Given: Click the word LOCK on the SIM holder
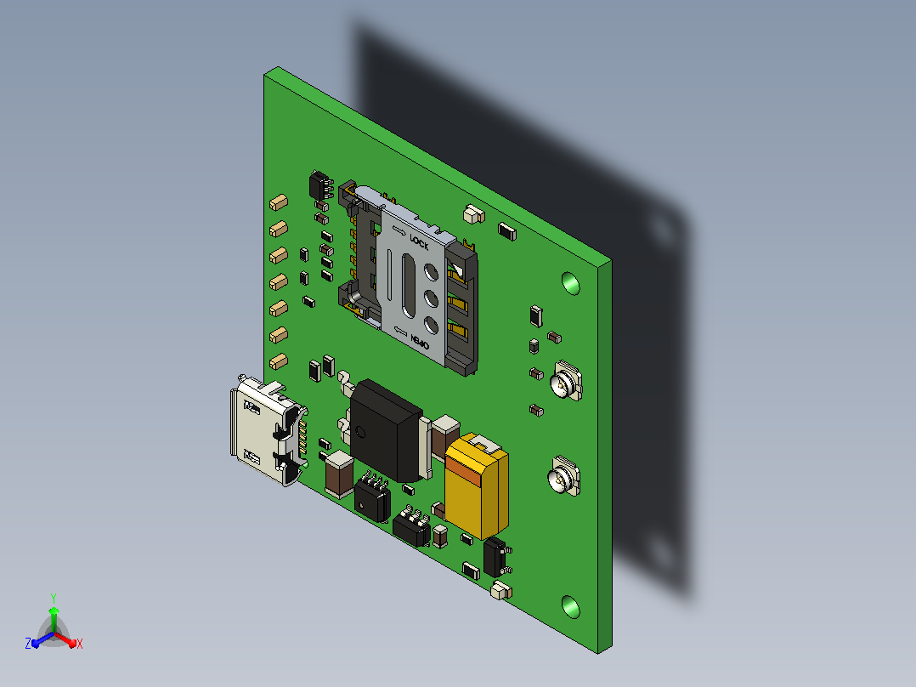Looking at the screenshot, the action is pyautogui.click(x=420, y=242).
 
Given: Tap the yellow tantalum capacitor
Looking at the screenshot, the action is pyautogui.click(x=476, y=485).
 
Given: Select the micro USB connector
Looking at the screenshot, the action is pyautogui.click(x=269, y=429).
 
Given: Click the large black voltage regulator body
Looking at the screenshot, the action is pyautogui.click(x=386, y=429).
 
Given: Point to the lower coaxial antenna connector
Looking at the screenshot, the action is pyautogui.click(x=563, y=476).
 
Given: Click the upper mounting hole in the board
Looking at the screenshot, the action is pyautogui.click(x=571, y=284).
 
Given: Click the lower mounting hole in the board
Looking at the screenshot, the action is pyautogui.click(x=571, y=607).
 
